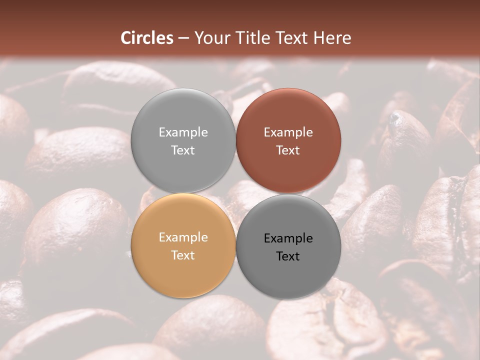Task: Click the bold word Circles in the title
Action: [147, 38]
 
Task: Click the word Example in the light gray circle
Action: [183, 132]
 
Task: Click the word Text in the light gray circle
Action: [183, 150]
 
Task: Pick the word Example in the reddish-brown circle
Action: [288, 132]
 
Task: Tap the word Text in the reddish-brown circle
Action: [288, 150]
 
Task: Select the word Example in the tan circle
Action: [183, 237]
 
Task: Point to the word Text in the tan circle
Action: [183, 255]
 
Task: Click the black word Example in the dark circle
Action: [288, 238]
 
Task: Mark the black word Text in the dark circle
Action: [288, 256]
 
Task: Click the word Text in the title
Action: [293, 38]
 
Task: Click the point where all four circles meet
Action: [235, 193]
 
